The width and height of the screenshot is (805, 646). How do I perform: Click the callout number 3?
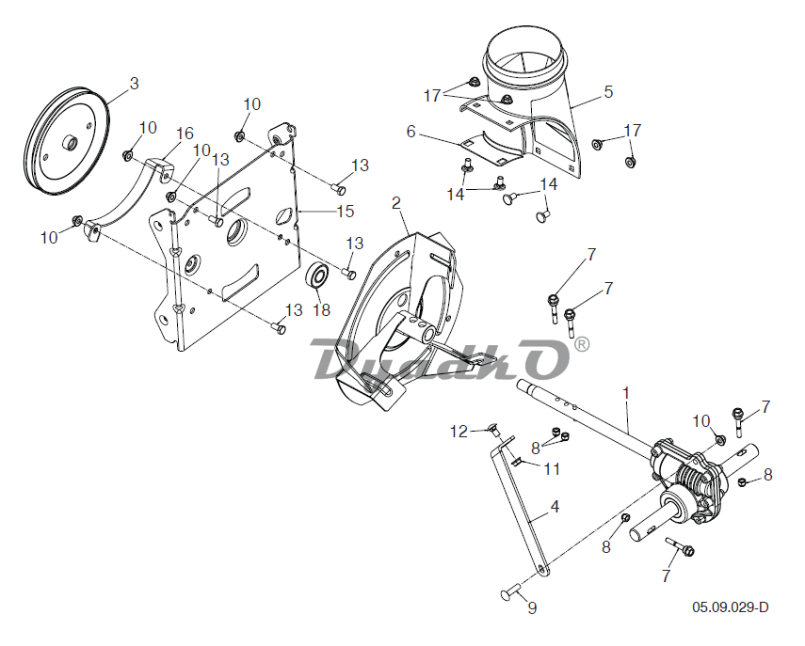pos(134,83)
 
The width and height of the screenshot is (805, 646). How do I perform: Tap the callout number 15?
pos(346,212)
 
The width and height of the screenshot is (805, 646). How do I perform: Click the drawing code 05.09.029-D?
pos(731,607)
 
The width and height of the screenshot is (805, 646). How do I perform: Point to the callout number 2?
pos(395,203)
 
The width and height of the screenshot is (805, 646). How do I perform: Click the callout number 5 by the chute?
pos(608,92)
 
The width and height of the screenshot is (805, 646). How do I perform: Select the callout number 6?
pos(411,132)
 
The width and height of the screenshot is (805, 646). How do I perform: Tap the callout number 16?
pos(185,134)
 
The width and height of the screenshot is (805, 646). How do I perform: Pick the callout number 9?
pos(532,607)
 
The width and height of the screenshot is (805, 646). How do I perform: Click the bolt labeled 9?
pos(511,593)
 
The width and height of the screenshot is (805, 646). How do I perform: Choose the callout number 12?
pos(459,432)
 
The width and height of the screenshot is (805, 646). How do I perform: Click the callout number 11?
pos(552,468)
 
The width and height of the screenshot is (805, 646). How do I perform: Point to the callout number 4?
pos(555,507)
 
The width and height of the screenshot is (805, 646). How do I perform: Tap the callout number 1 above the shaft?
pos(626,393)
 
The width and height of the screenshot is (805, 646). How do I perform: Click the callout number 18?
pos(322,309)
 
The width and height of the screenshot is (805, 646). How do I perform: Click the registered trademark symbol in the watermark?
pos(581,344)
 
